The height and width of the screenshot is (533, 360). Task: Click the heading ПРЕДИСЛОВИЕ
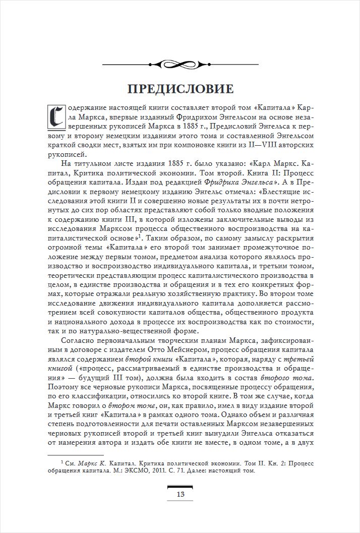(180, 89)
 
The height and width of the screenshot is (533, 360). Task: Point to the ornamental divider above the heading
(180, 64)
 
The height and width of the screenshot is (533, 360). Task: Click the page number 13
(180, 494)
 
